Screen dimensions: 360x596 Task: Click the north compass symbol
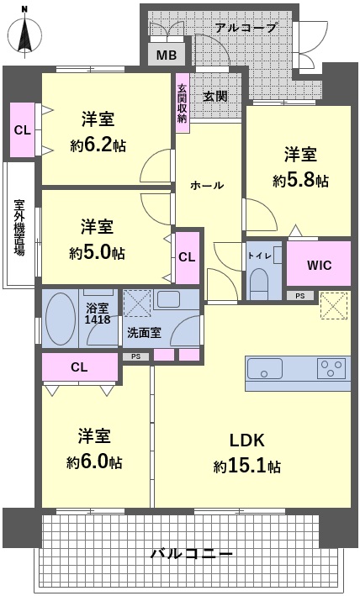click(x=25, y=34)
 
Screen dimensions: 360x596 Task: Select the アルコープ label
click(x=246, y=28)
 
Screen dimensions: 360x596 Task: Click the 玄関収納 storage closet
click(x=182, y=103)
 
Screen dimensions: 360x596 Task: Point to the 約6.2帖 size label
click(x=98, y=145)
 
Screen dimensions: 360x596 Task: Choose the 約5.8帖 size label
click(x=300, y=180)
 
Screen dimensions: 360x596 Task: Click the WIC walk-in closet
click(x=319, y=263)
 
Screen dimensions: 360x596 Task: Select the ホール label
click(x=207, y=186)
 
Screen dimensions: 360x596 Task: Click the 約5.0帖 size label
click(x=97, y=252)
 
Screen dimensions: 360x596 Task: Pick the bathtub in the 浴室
click(x=60, y=319)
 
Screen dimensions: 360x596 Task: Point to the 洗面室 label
click(x=144, y=333)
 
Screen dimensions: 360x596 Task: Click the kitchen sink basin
click(x=265, y=368)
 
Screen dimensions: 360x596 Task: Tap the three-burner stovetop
click(x=331, y=368)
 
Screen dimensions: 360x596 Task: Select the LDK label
click(x=247, y=440)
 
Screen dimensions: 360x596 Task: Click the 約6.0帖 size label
click(x=95, y=462)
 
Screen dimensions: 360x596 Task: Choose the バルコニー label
click(x=192, y=553)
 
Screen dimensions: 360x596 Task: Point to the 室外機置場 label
click(x=19, y=227)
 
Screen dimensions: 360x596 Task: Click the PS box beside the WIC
click(x=300, y=295)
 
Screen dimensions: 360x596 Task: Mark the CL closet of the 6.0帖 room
click(x=80, y=367)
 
